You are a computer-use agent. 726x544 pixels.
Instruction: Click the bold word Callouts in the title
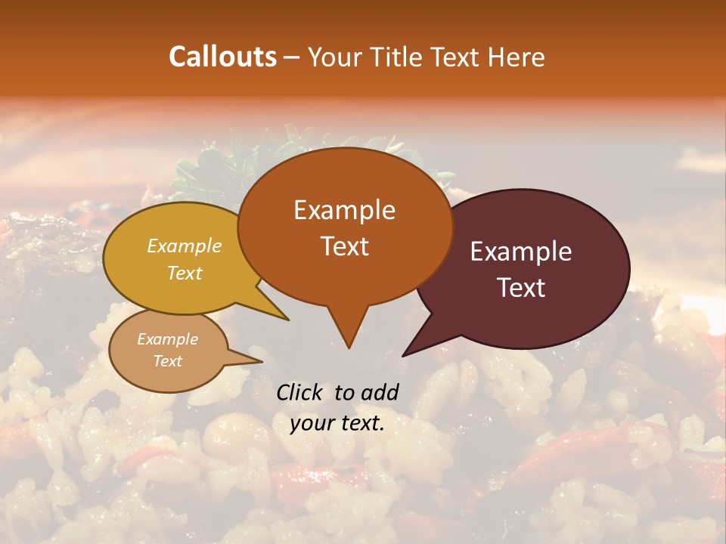(222, 57)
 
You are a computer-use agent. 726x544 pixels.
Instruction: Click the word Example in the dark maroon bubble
(521, 252)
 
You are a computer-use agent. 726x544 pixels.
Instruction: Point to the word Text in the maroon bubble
(521, 288)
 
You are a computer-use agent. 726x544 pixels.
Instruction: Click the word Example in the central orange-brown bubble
(344, 210)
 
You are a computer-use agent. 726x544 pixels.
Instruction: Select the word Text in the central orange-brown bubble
(344, 246)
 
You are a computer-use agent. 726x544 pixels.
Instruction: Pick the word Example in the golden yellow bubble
(185, 246)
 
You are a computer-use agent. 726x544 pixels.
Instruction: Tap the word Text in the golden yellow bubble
(185, 273)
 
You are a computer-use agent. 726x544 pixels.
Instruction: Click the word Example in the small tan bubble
(167, 339)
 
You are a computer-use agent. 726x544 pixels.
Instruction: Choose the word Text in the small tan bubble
(167, 361)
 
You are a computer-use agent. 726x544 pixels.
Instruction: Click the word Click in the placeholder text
(302, 392)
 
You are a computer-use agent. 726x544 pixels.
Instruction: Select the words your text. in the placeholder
(337, 423)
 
